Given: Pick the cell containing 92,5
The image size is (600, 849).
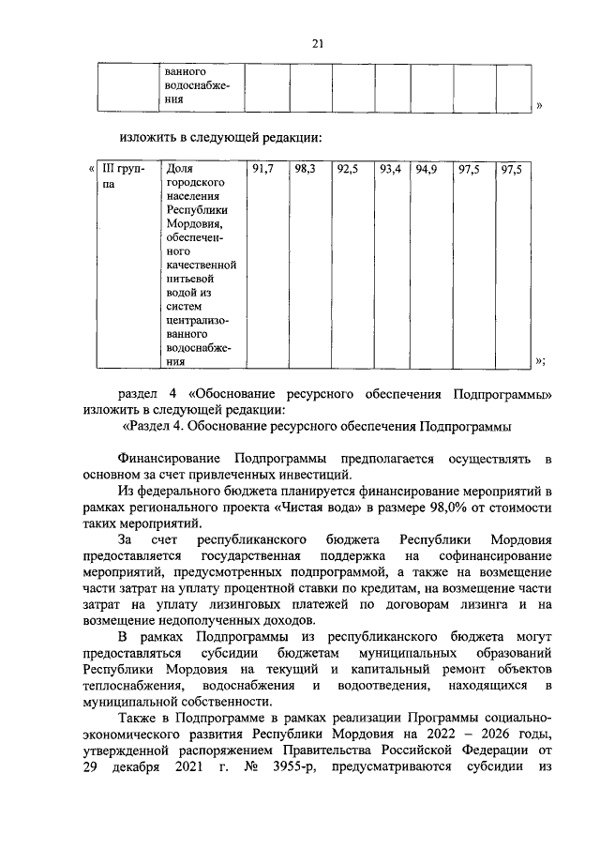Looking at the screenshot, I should click(x=347, y=169).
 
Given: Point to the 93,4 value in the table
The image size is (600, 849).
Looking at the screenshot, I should click(x=389, y=169).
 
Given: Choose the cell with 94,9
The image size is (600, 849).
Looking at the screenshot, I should click(x=427, y=169).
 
